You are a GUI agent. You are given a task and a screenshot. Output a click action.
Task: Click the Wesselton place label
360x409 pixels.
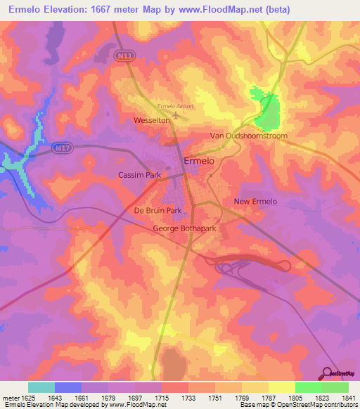[x=153, y=121]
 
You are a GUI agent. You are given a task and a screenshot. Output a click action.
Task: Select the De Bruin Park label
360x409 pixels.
[x=158, y=210]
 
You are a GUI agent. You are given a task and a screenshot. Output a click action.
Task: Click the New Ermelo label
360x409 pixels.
[x=255, y=202]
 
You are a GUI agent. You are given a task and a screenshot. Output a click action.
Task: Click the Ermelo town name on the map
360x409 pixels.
[x=199, y=161]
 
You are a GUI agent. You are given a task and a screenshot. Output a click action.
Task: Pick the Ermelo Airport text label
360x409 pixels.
[x=175, y=106]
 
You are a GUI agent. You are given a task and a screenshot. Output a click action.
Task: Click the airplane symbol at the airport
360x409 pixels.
[x=175, y=115]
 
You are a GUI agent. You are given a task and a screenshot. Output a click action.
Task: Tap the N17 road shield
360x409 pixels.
[x=60, y=148]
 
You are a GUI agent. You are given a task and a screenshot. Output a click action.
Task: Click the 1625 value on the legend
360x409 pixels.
[x=27, y=398]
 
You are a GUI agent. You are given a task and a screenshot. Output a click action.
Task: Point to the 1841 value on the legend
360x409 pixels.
[x=348, y=398]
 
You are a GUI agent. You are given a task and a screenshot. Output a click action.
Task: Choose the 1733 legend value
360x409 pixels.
[x=188, y=398]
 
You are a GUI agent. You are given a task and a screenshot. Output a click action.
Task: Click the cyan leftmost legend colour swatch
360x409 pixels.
[x=41, y=387]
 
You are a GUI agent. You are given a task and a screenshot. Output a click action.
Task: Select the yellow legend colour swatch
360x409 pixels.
[x=282, y=387]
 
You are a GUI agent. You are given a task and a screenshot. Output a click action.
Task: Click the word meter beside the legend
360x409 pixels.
[x=10, y=398]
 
